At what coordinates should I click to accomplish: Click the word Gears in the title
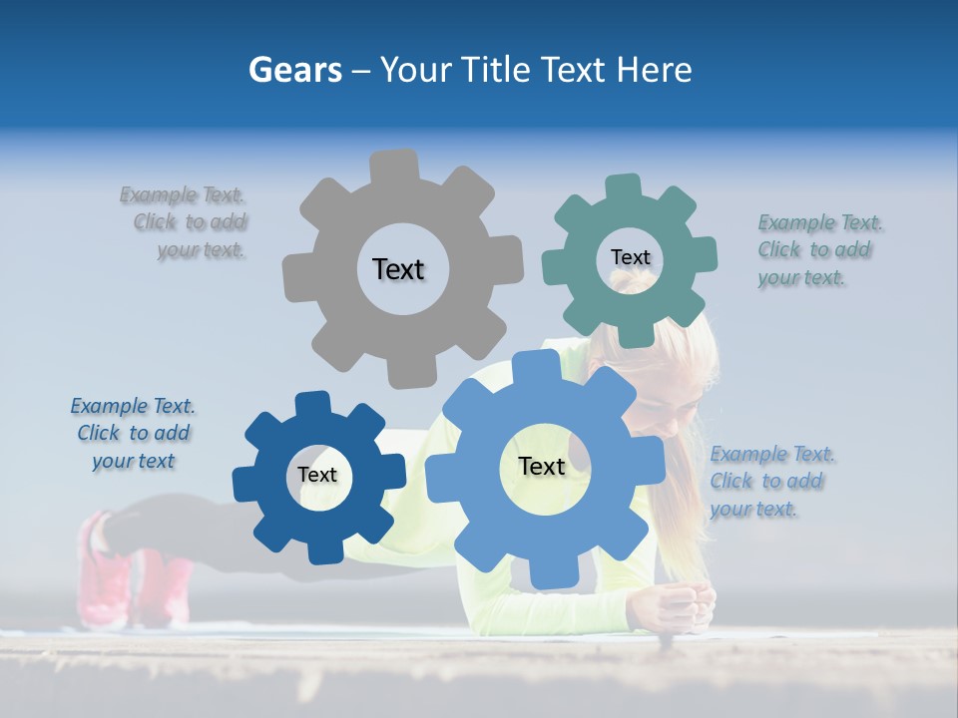[x=294, y=71]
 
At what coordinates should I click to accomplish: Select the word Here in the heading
[x=654, y=71]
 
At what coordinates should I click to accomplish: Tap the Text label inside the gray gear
[x=398, y=269]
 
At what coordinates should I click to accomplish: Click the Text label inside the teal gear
[x=630, y=257]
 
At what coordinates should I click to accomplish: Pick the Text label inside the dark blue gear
[x=317, y=476]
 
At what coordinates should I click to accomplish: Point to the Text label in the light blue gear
[x=542, y=467]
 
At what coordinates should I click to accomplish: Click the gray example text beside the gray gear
[x=189, y=222]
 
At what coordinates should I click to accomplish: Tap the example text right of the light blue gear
[x=770, y=482]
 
